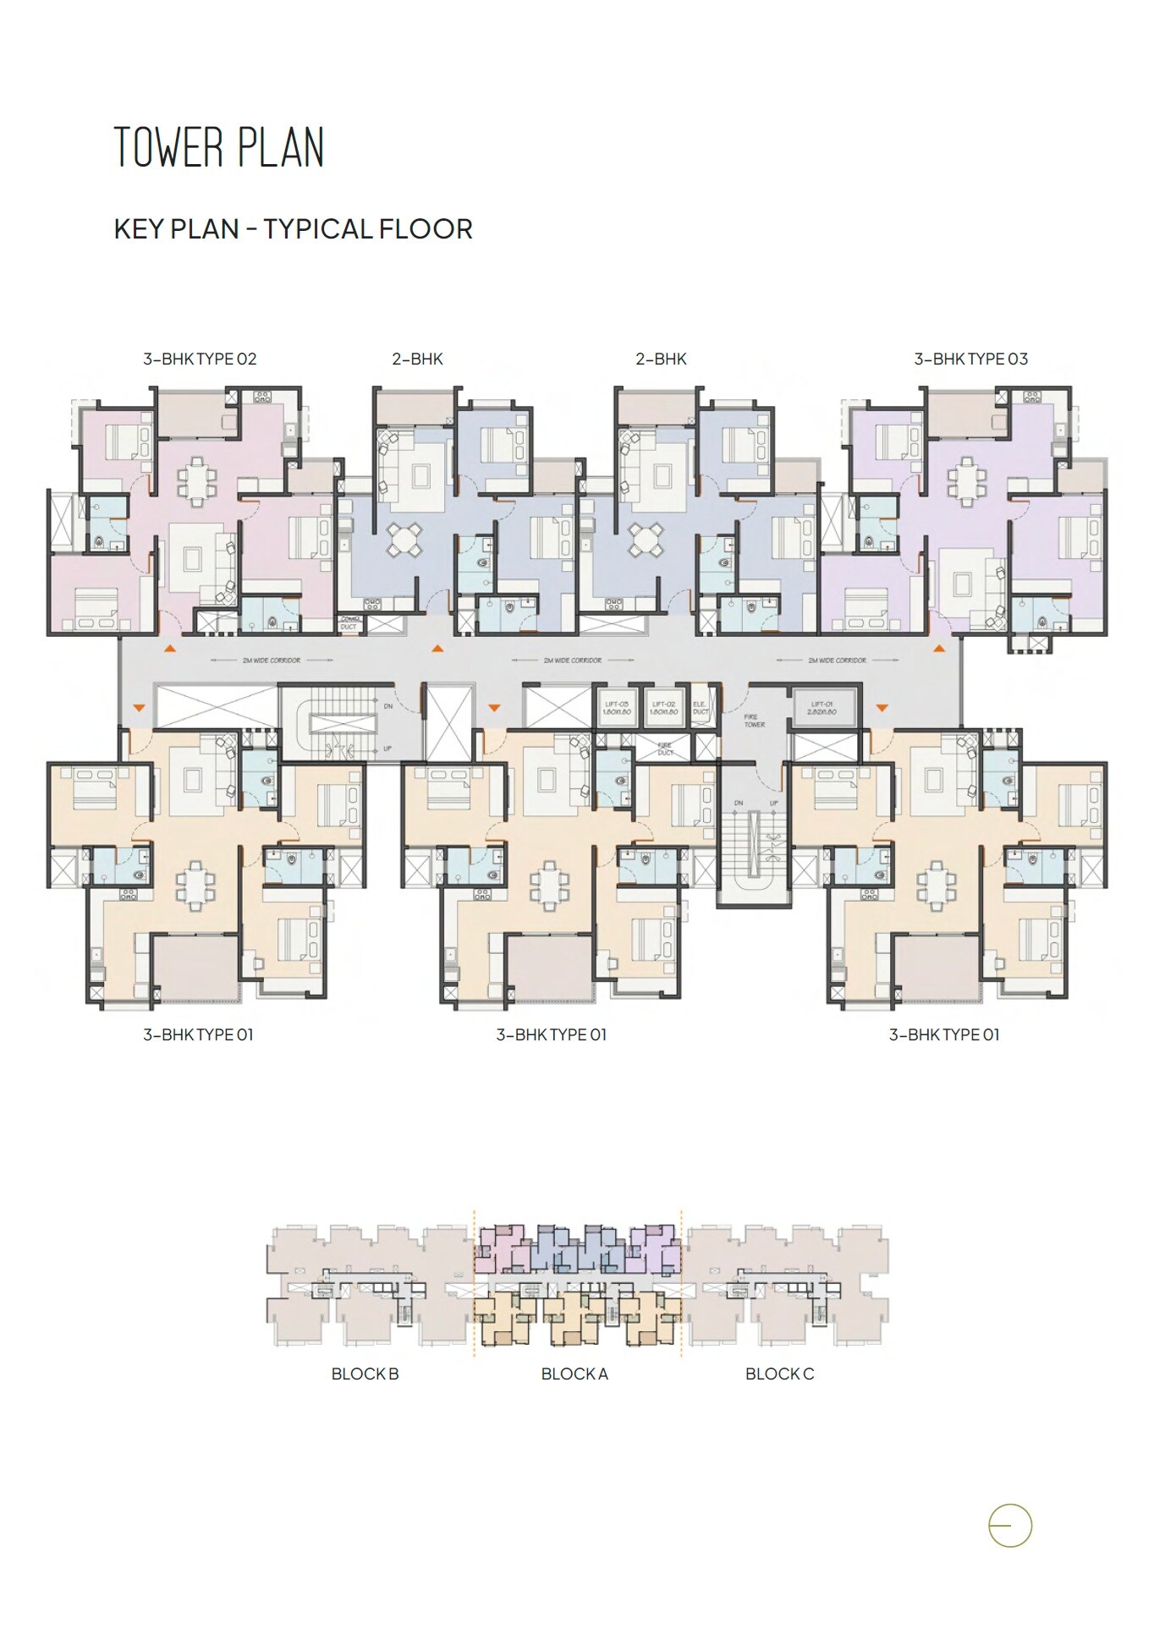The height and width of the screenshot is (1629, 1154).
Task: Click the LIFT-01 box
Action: click(x=822, y=707)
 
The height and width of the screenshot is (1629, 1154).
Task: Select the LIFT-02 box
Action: click(x=663, y=707)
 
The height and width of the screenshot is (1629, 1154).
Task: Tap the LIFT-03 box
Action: click(x=617, y=707)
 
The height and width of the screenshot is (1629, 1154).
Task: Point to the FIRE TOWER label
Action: click(x=754, y=721)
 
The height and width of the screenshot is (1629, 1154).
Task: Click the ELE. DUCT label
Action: click(x=700, y=707)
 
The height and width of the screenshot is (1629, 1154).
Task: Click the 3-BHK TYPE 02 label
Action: click(x=200, y=359)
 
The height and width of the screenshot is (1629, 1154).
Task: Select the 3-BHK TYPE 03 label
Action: click(x=970, y=359)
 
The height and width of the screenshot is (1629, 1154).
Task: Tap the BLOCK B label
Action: click(x=365, y=1374)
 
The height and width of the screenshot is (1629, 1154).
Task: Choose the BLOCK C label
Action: click(x=779, y=1374)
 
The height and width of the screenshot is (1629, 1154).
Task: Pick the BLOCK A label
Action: click(x=574, y=1374)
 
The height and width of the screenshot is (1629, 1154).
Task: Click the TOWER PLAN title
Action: click(x=219, y=148)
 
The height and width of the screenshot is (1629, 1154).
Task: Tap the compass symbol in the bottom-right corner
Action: click(x=1010, y=1527)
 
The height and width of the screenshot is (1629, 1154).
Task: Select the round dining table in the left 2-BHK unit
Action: click(x=404, y=539)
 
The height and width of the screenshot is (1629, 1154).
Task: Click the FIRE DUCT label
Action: click(x=666, y=749)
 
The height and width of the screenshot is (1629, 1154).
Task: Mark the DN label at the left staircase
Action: click(x=388, y=705)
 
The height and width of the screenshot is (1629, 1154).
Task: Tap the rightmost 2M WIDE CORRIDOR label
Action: click(x=837, y=660)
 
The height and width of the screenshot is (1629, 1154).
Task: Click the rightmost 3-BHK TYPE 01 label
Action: click(x=943, y=1034)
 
